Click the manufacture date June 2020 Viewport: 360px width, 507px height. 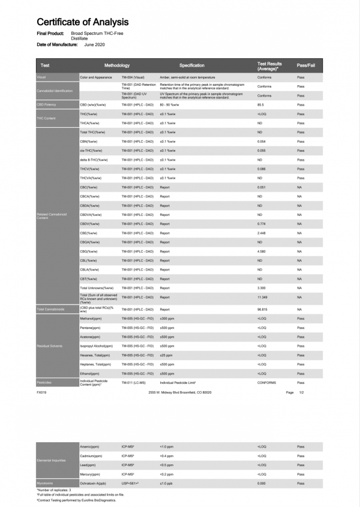95,45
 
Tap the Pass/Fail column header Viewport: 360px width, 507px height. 307,65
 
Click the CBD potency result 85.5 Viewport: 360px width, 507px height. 261,104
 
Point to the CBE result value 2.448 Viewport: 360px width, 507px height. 262,233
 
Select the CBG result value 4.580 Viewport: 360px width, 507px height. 262,251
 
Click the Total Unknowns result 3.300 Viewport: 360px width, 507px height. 262,288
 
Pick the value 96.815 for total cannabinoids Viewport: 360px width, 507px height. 262,309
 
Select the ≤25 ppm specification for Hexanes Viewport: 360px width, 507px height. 166,355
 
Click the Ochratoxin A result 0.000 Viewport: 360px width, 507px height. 261,482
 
